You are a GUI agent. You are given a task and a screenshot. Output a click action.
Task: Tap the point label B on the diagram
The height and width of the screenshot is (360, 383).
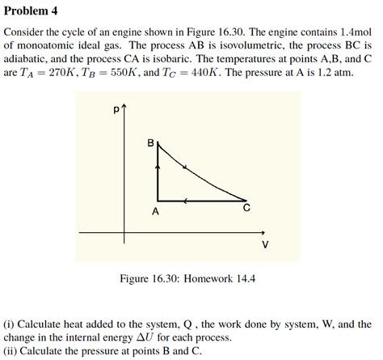click(x=150, y=142)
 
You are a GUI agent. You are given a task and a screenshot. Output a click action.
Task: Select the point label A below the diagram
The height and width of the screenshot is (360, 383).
click(x=156, y=211)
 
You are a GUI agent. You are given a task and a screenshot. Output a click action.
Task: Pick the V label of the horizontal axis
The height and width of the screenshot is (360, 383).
click(x=265, y=245)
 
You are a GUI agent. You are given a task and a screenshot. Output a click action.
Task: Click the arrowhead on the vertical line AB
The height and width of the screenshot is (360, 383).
click(x=158, y=167)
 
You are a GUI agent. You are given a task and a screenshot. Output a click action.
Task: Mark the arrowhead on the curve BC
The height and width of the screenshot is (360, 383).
click(x=187, y=168)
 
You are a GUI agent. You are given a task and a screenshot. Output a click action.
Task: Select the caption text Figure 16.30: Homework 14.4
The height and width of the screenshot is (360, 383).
click(x=187, y=278)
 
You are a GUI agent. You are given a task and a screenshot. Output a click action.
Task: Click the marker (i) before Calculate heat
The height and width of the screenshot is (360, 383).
click(x=11, y=324)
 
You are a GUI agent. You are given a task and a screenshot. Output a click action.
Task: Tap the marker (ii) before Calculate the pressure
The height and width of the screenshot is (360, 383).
click(x=12, y=349)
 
